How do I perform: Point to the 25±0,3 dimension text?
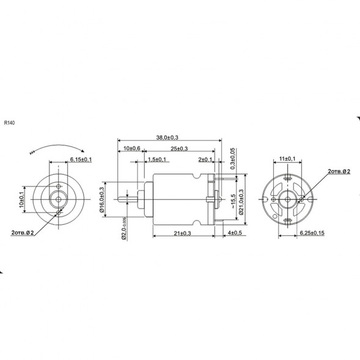point(178,149)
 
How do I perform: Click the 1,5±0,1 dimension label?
point(158,160)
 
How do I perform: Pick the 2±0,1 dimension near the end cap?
point(205,160)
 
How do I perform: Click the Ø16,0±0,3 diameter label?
point(103,199)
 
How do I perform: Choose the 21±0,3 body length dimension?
point(179,233)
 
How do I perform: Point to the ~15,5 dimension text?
point(233,201)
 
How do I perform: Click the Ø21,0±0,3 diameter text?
point(241,200)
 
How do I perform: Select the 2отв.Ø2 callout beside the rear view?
point(339,172)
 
